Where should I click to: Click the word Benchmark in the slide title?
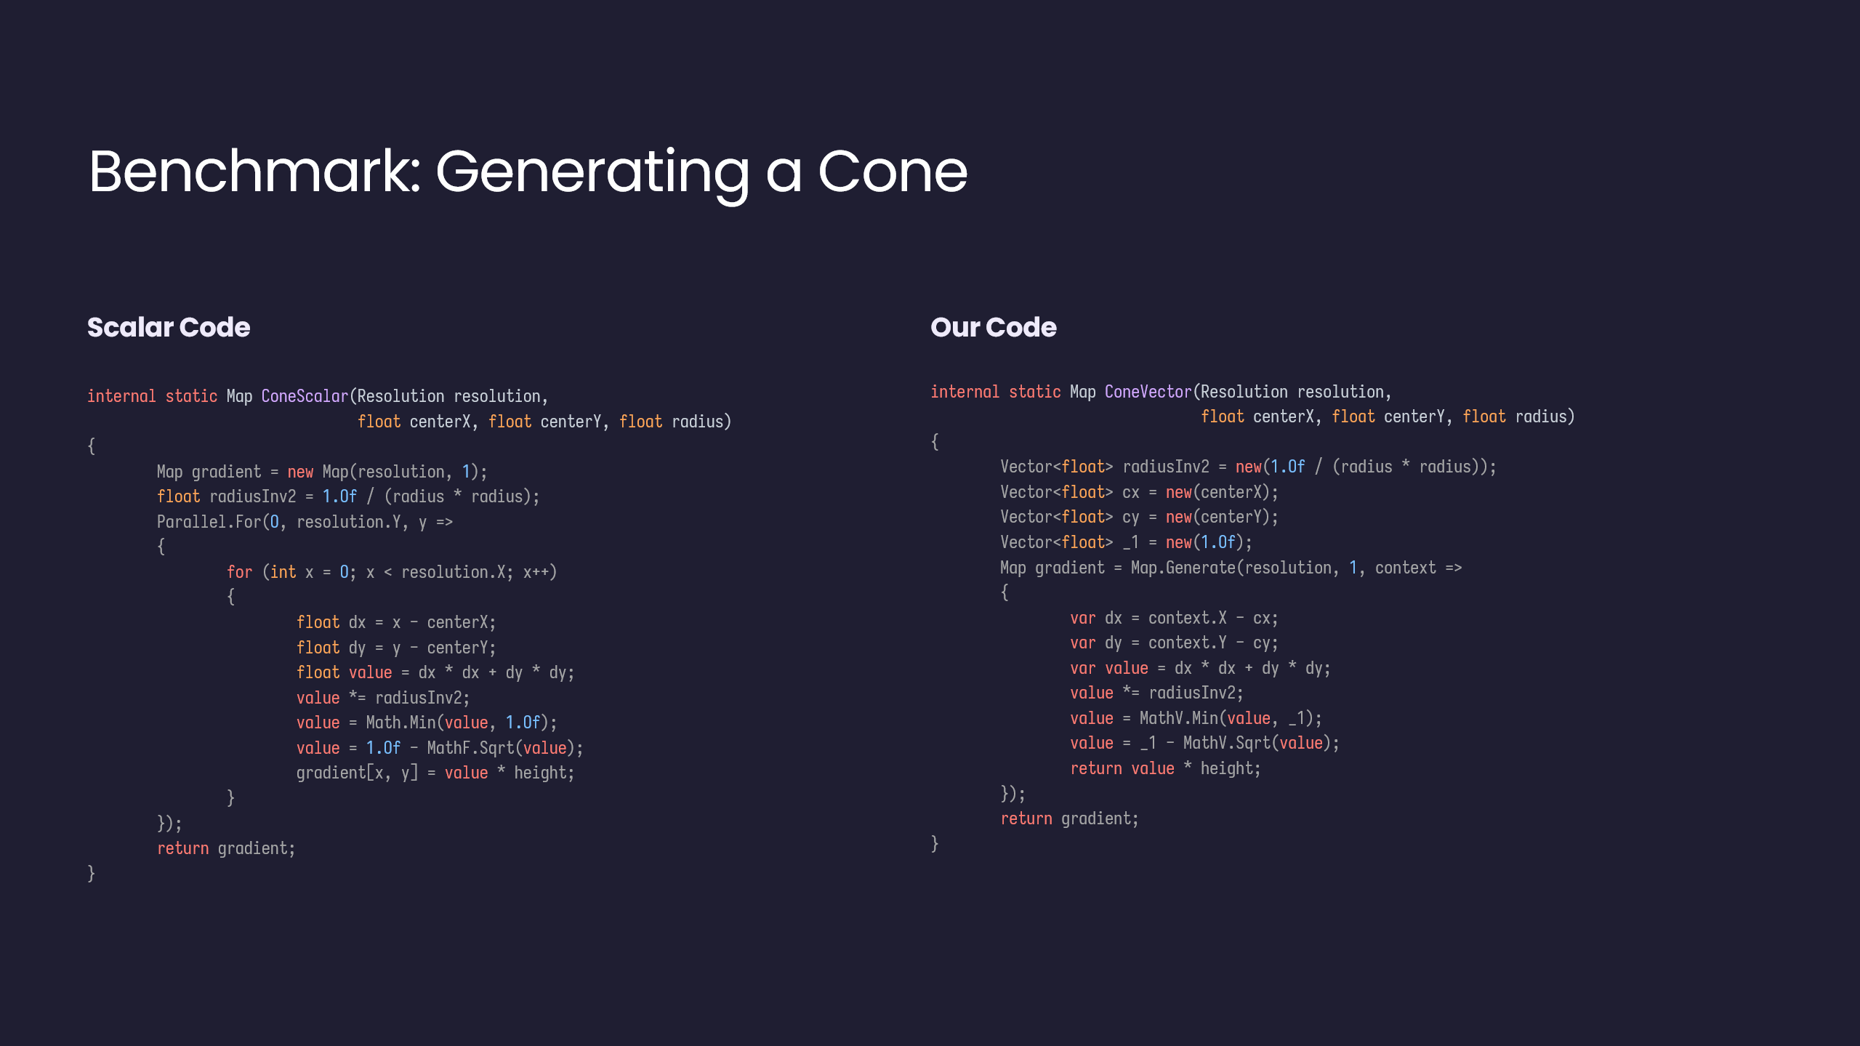254,172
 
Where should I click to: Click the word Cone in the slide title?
893,172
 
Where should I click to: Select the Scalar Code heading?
169,327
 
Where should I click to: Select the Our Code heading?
994,327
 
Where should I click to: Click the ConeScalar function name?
305,396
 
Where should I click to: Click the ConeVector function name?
1148,392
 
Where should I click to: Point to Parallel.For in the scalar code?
209,522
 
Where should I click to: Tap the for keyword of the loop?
239,572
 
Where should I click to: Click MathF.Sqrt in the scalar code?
470,748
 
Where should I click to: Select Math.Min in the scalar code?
400,723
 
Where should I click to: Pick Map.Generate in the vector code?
1183,568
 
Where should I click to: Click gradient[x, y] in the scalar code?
358,773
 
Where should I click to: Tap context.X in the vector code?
1188,618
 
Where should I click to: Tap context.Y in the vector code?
1188,643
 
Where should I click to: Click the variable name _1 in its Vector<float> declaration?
1131,543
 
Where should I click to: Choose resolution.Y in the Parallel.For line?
349,522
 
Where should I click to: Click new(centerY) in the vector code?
1218,517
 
